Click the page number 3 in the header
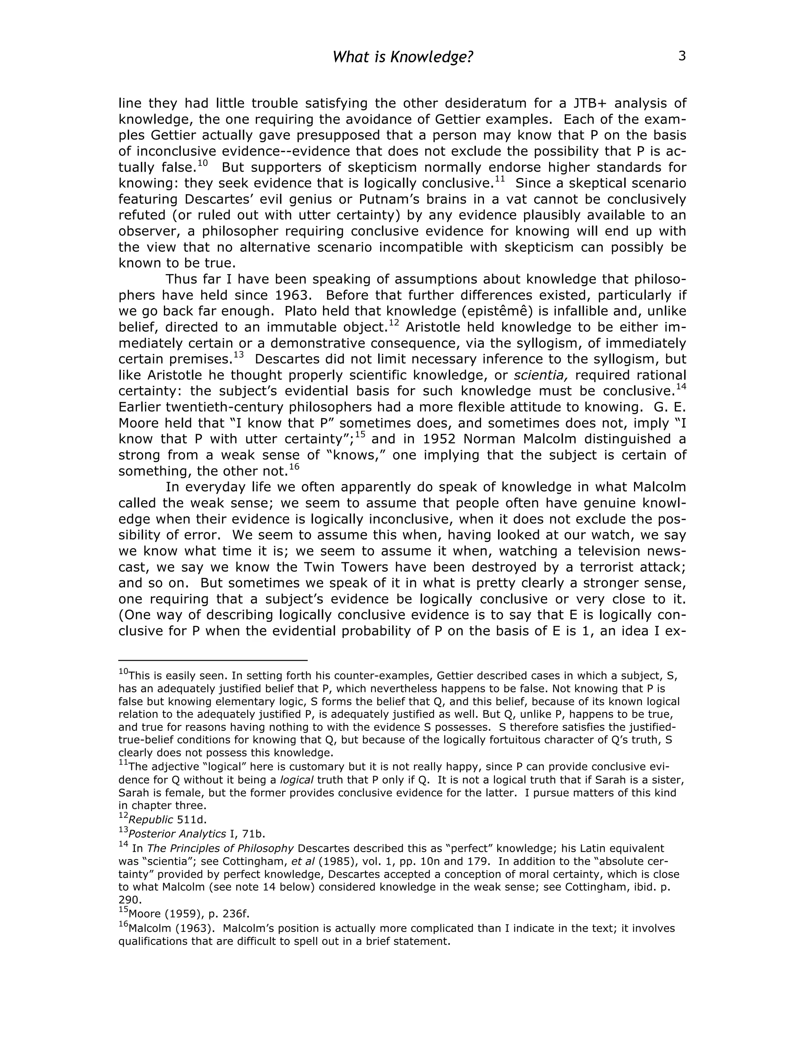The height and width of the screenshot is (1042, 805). pos(682,56)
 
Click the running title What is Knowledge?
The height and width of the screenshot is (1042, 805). pos(402,57)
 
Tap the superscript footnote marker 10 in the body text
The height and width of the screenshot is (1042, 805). pos(203,163)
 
